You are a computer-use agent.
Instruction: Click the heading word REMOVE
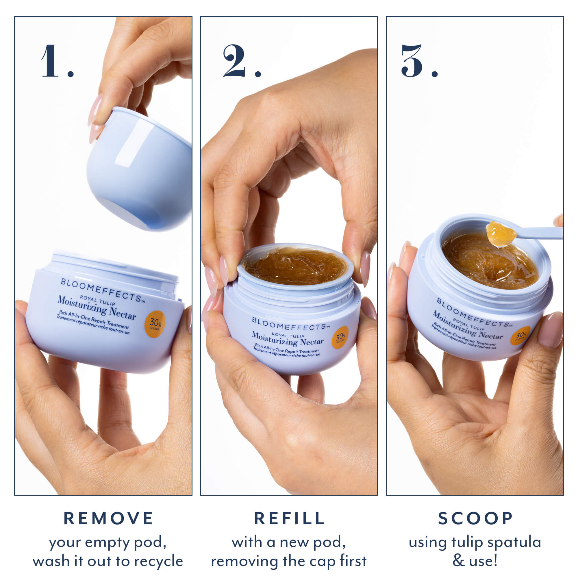click(109, 518)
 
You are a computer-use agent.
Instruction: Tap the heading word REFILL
click(289, 518)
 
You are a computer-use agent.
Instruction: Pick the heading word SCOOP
click(475, 518)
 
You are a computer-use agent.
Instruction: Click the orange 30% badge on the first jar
click(155, 324)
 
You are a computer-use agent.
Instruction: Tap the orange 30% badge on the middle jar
click(340, 338)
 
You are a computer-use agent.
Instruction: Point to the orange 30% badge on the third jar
click(520, 336)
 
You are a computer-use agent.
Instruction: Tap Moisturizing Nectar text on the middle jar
click(288, 339)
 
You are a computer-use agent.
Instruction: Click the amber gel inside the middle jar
click(295, 266)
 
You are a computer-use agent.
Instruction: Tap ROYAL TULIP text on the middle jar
click(288, 336)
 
